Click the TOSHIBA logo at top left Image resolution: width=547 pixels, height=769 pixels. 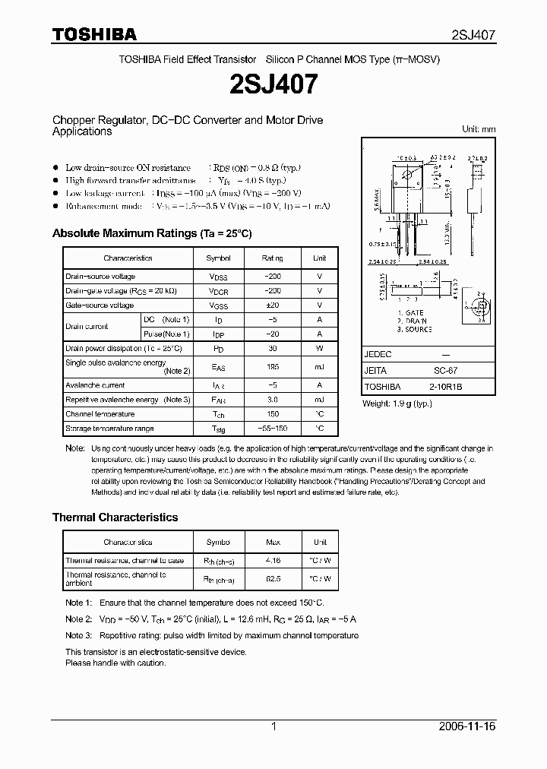(x=94, y=33)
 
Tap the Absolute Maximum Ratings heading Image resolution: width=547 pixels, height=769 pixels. (x=151, y=233)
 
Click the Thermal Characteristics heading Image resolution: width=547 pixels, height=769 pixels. (x=115, y=517)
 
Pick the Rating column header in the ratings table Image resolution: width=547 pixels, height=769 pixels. (x=272, y=258)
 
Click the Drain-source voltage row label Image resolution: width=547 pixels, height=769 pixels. (x=100, y=277)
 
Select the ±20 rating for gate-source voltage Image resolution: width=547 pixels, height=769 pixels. (x=272, y=305)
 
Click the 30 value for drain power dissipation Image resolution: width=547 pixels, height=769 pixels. (x=272, y=348)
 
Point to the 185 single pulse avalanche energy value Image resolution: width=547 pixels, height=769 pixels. (x=272, y=367)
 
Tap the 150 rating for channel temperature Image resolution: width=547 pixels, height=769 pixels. (x=272, y=414)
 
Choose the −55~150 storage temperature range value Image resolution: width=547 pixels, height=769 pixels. (x=272, y=429)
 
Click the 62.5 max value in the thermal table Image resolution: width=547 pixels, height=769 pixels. (x=273, y=579)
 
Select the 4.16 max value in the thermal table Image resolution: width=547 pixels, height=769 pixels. (x=273, y=561)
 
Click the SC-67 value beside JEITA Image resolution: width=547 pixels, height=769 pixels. (x=445, y=371)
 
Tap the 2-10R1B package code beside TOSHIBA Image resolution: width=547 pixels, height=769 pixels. (x=445, y=387)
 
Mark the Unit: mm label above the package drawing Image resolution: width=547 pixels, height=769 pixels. (x=479, y=129)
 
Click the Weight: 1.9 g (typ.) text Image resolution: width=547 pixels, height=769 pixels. (x=397, y=403)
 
